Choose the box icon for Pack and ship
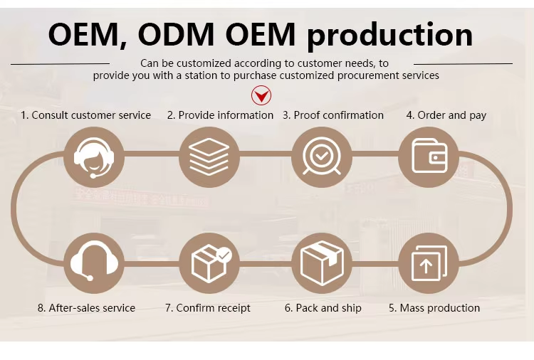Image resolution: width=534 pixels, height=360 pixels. [x=322, y=264]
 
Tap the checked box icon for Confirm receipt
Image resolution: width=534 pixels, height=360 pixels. [x=209, y=264]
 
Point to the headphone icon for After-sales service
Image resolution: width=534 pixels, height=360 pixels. [x=94, y=264]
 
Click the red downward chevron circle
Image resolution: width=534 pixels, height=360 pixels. [x=261, y=95]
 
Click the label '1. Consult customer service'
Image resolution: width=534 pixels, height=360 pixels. [x=85, y=115]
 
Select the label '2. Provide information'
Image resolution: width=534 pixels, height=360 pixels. [x=220, y=115]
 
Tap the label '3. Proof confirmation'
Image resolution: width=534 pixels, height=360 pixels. [x=333, y=115]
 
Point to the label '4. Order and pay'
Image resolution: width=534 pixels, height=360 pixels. [x=446, y=115]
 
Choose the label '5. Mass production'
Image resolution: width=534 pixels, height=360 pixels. [x=434, y=308]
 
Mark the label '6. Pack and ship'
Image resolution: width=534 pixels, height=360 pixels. [x=323, y=308]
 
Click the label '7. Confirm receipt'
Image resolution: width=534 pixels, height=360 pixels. [x=208, y=308]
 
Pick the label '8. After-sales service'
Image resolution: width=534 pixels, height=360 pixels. [x=86, y=308]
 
